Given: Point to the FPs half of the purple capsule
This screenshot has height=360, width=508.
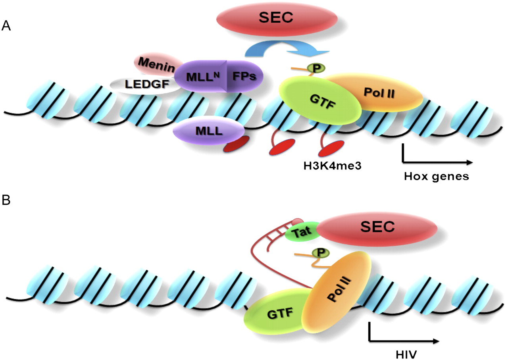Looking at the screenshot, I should [x=244, y=76].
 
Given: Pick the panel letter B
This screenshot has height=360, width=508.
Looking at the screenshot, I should [x=6, y=200].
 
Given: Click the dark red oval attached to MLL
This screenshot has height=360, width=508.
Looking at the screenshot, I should [x=236, y=144].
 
